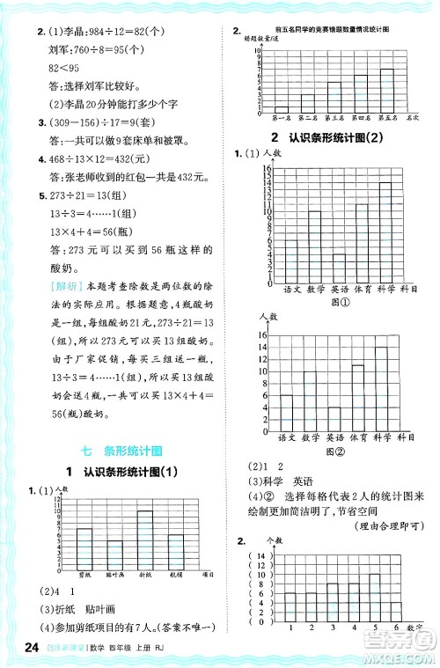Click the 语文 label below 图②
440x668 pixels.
[x=287, y=437]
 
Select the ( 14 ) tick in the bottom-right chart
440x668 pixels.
[x=260, y=556]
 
